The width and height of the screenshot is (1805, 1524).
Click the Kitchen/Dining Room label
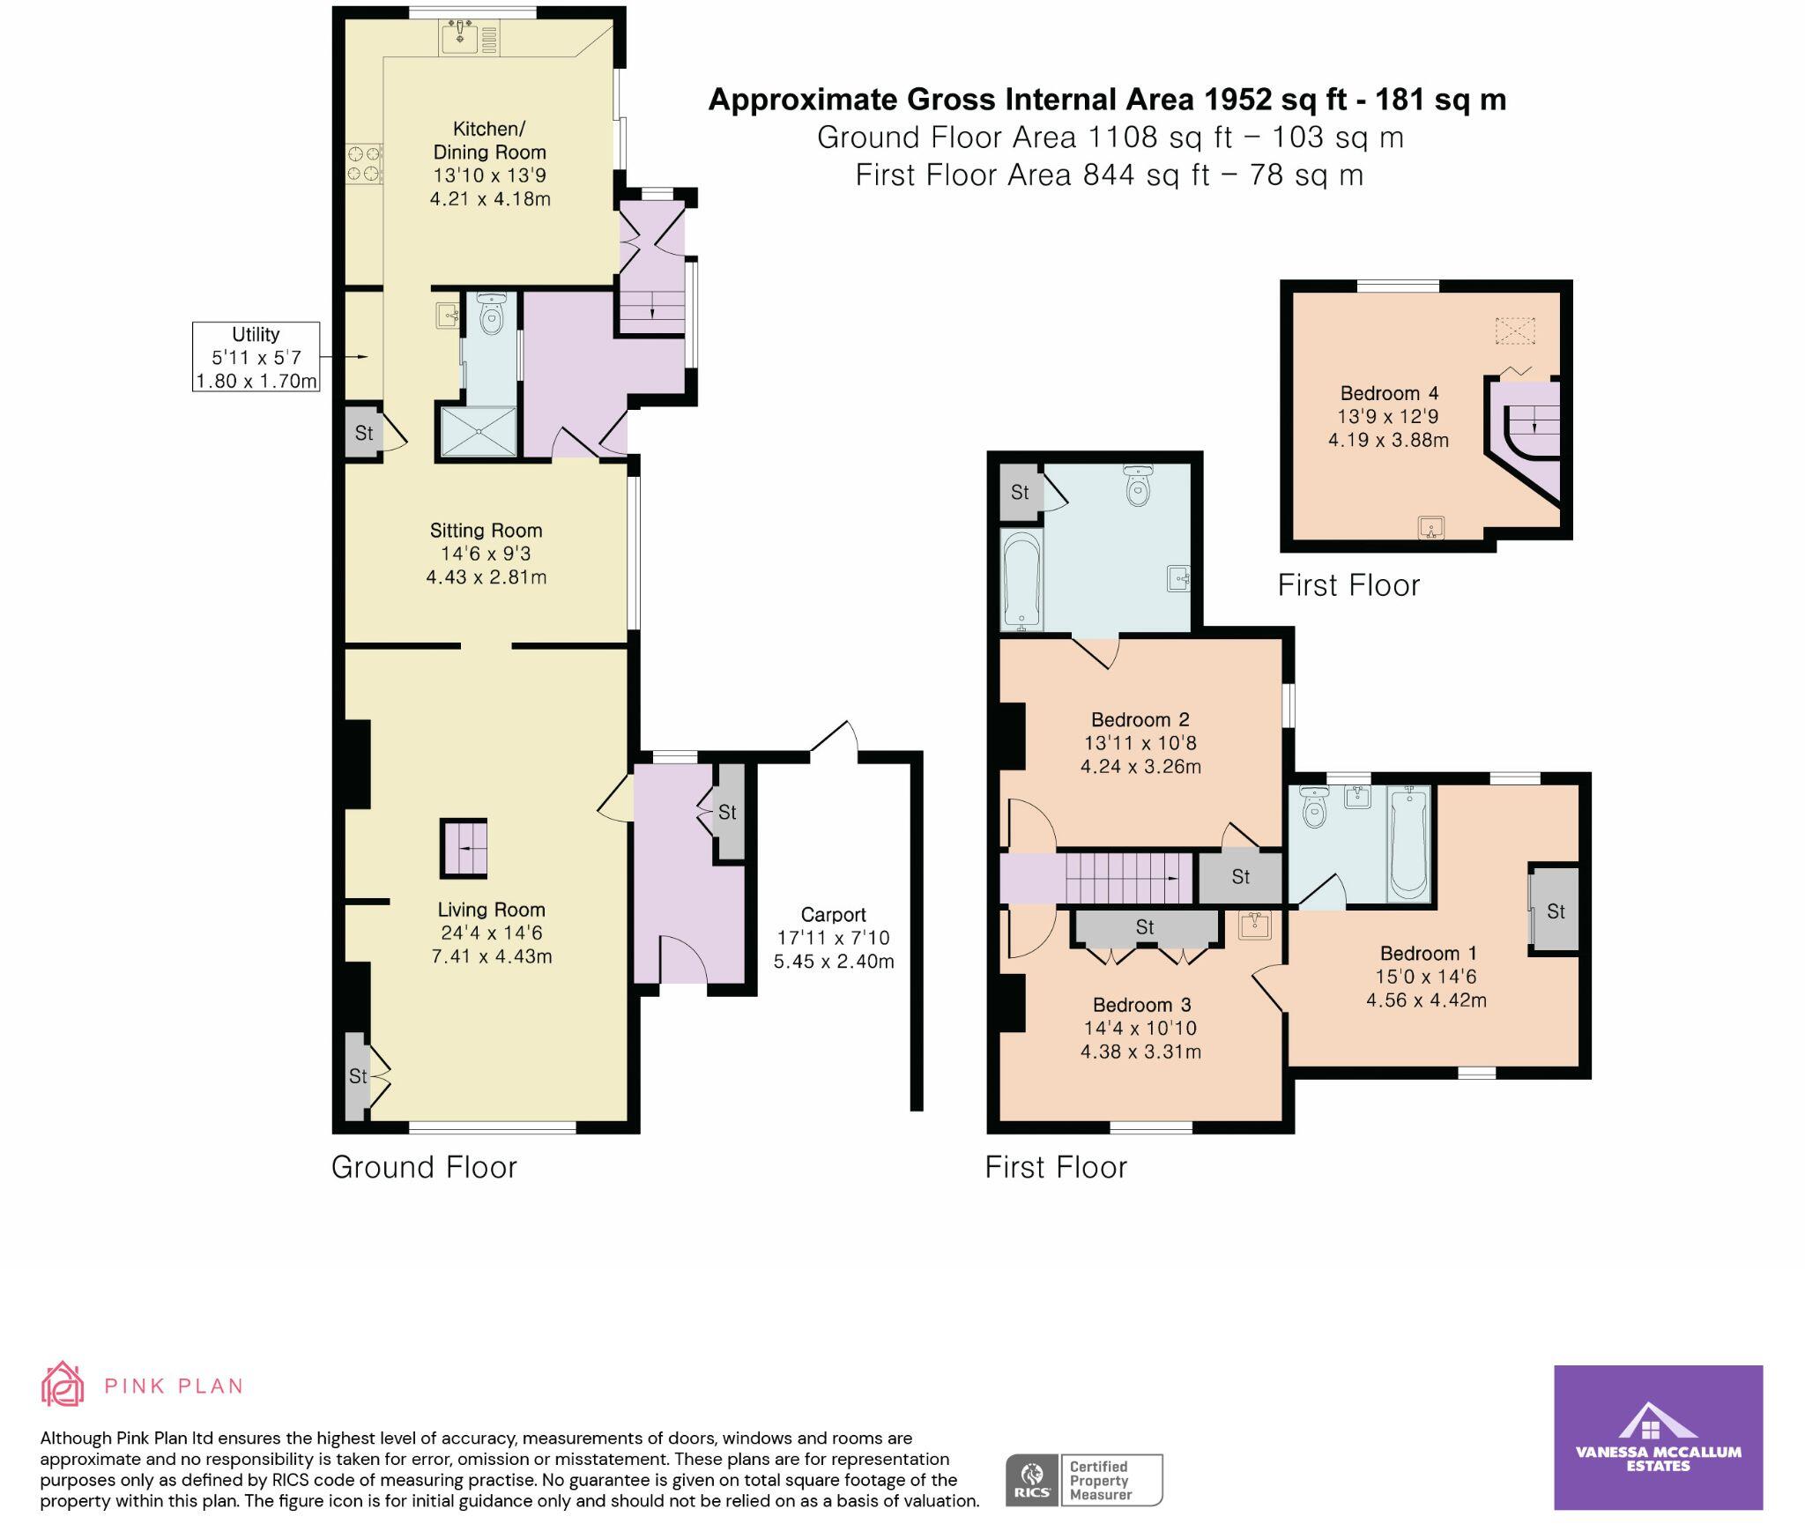(489, 140)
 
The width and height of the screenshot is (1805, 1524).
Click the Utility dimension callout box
(256, 357)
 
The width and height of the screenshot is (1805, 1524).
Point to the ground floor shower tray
(478, 431)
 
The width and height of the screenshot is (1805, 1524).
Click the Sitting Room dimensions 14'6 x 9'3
(486, 554)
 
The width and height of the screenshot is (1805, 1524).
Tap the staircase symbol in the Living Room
(464, 849)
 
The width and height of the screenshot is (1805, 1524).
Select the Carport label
(833, 914)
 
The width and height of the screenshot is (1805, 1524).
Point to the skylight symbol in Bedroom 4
(1515, 331)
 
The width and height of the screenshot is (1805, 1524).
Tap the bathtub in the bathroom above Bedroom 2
(1021, 580)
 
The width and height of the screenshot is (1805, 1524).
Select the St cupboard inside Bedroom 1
(1555, 911)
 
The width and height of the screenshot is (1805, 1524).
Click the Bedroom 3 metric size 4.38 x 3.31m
(1140, 1051)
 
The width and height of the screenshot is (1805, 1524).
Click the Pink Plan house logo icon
(63, 1384)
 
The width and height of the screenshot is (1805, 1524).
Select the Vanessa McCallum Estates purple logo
(1657, 1437)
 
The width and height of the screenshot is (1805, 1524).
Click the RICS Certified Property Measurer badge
(1084, 1480)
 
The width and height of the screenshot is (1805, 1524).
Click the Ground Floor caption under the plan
(424, 1167)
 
